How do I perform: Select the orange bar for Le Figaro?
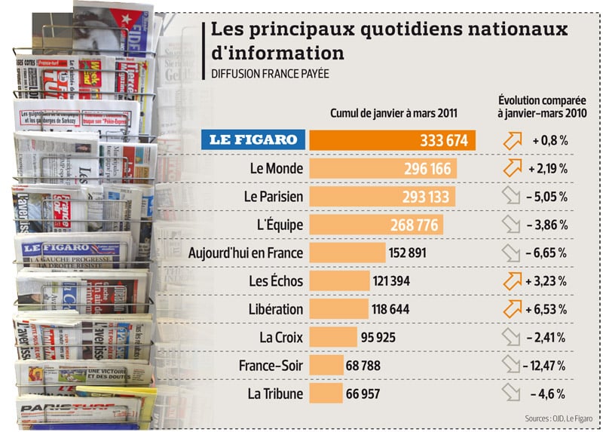click(392, 140)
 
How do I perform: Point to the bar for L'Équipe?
click(376, 225)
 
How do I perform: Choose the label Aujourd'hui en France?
click(246, 253)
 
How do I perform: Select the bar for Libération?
click(339, 309)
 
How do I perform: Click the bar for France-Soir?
click(326, 366)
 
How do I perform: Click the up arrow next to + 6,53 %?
click(512, 309)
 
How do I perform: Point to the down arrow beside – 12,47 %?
click(512, 366)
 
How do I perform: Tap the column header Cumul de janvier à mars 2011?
click(393, 113)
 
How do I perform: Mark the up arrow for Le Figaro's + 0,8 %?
click(512, 140)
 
